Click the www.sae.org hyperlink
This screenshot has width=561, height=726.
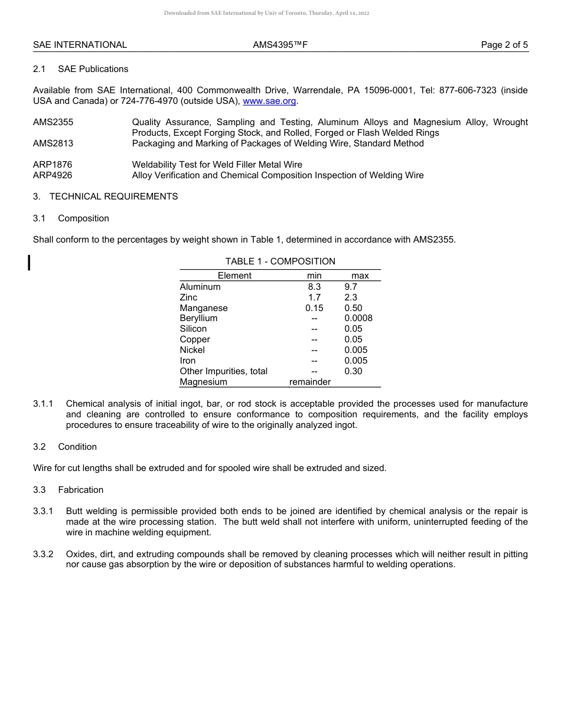point(269,101)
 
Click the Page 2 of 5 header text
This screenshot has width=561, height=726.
point(504,45)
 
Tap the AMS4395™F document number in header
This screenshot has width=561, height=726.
point(280,45)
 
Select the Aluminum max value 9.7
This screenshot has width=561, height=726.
point(351,287)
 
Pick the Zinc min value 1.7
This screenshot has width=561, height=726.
point(314,297)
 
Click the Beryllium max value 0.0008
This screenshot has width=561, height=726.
point(358,318)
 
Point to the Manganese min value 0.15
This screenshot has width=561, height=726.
point(314,308)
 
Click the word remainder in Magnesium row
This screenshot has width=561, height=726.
point(310,382)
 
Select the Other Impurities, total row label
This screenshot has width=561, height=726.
point(223,371)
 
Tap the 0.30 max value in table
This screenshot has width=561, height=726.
point(353,371)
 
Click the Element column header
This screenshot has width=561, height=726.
point(234,276)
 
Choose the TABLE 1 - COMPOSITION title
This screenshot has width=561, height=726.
point(280,261)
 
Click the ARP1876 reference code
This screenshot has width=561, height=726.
point(53,165)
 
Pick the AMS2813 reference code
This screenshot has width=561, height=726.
point(53,143)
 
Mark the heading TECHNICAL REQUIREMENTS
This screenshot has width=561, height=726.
point(113,197)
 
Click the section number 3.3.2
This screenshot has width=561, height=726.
point(43,554)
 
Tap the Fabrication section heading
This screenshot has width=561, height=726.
point(80,490)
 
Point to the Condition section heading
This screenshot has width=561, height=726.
point(77,447)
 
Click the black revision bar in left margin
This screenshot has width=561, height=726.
point(30,262)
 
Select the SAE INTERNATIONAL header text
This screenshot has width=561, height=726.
point(80,45)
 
